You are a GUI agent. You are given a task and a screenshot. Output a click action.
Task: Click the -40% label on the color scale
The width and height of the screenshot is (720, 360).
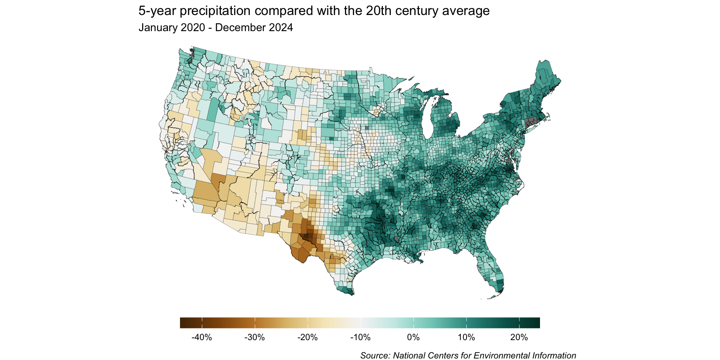click(202, 337)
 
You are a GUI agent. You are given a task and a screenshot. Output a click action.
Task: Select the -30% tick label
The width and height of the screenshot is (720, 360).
click(255, 337)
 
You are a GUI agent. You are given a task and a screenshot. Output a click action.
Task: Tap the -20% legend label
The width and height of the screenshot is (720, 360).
click(307, 337)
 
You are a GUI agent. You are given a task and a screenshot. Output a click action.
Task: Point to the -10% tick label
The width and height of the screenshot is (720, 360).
click(360, 337)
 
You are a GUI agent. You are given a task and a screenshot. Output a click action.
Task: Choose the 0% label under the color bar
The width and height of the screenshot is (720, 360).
click(413, 337)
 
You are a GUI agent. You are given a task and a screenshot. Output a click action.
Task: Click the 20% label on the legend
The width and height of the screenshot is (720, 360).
click(519, 337)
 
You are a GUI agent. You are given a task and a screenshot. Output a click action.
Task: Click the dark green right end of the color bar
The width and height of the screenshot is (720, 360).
click(537, 323)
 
